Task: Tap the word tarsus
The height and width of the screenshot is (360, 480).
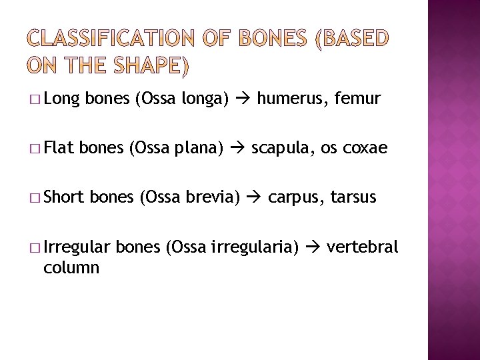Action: pos(355,198)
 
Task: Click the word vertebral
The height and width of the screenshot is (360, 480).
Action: pos(362,247)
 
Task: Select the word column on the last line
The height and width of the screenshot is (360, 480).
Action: pos(71,268)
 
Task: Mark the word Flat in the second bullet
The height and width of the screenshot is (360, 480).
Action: pos(60,149)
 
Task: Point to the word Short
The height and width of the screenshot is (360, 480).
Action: pos(63,198)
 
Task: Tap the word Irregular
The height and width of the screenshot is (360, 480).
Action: pos(77,248)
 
